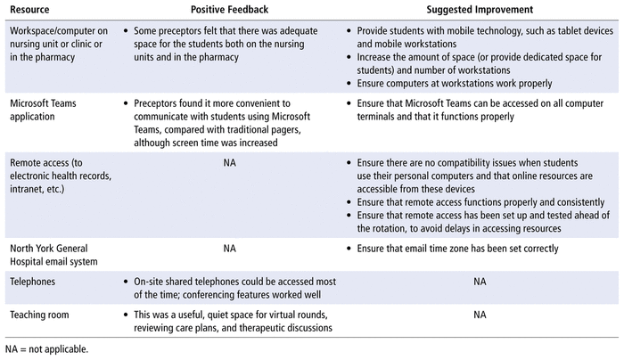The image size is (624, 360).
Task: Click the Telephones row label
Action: [x=33, y=281]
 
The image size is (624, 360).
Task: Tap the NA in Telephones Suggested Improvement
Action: [x=480, y=281]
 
